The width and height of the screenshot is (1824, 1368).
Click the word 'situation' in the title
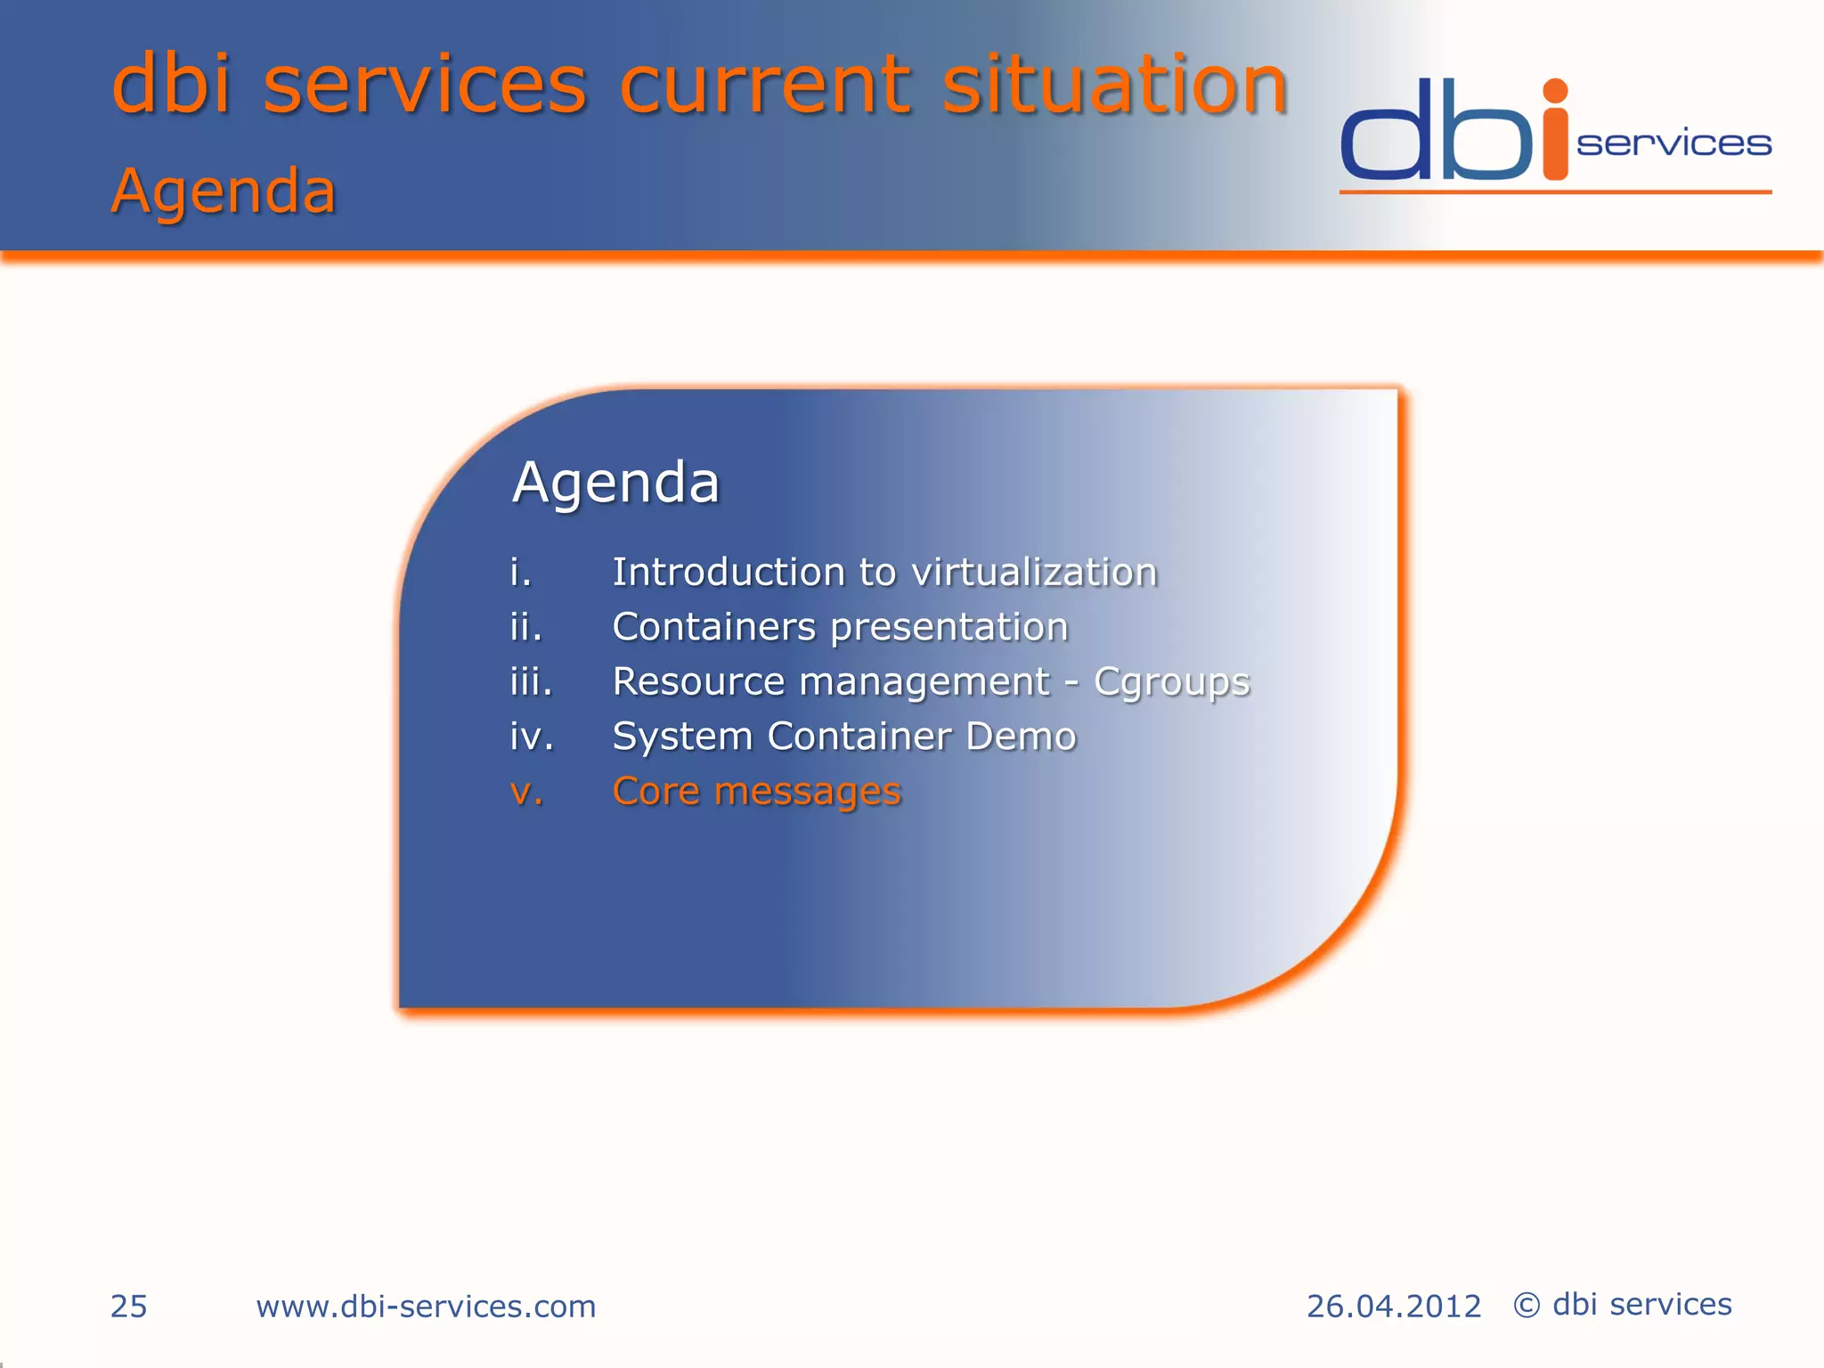point(1115,85)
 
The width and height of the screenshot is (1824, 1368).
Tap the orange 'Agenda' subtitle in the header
point(224,191)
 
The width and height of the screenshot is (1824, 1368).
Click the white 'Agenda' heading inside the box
point(615,483)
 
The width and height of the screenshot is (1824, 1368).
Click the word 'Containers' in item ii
point(713,627)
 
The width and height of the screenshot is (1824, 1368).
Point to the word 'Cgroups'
point(1171,683)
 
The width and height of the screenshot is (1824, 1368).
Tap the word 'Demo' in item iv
point(1021,737)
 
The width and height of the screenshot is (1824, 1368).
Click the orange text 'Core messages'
point(756,791)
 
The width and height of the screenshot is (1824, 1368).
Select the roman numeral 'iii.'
point(532,682)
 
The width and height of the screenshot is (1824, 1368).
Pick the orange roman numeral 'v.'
point(526,792)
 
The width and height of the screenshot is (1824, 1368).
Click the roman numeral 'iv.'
point(532,737)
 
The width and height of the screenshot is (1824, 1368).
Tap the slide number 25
point(128,1307)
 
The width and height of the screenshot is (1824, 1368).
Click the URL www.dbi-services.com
point(426,1307)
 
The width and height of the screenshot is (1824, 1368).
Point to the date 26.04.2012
point(1393,1307)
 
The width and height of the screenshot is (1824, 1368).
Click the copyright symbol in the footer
point(1527,1306)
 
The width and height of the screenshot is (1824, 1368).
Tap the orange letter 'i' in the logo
point(1555,134)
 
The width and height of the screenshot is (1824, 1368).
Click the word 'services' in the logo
point(1673,143)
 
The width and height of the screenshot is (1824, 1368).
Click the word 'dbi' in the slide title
point(171,85)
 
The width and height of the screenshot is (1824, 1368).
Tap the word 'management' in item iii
point(924,682)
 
